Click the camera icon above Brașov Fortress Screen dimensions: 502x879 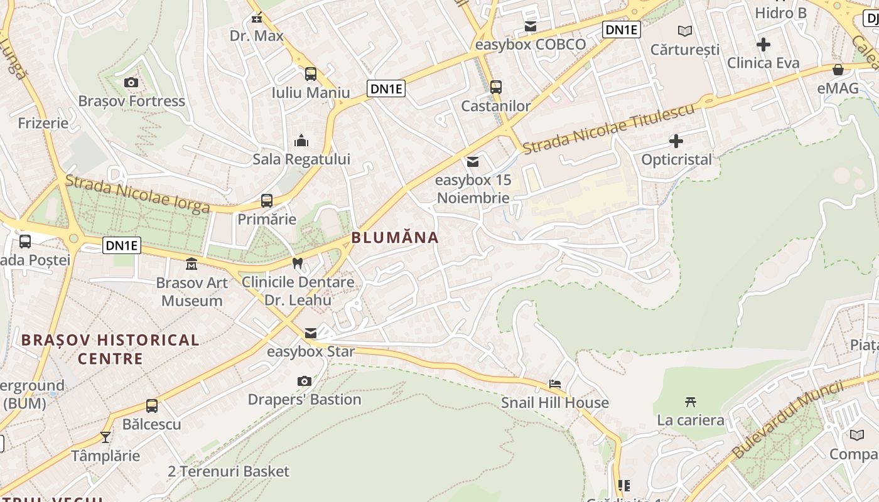(131, 83)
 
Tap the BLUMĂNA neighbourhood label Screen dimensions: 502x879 (395, 238)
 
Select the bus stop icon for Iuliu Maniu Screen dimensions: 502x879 (311, 74)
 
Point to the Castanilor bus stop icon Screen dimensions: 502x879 (496, 87)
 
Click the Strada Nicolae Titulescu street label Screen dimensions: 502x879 (608, 128)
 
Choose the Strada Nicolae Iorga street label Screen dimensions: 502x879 (138, 194)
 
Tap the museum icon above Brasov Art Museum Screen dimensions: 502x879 (191, 264)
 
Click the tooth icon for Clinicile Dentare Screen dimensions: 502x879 (298, 264)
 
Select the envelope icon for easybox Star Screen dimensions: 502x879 (311, 333)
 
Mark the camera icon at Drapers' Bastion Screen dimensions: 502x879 (305, 381)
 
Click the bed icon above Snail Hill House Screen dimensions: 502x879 (555, 384)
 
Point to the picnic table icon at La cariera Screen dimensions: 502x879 (691, 402)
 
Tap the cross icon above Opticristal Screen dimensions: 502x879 (676, 141)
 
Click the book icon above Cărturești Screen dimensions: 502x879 (685, 31)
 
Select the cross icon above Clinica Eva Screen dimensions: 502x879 (763, 45)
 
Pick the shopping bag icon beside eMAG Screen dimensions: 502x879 (838, 70)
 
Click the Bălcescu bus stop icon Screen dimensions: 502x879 (152, 406)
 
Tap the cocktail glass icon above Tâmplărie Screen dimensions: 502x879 (105, 437)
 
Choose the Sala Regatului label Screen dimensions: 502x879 (301, 159)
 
